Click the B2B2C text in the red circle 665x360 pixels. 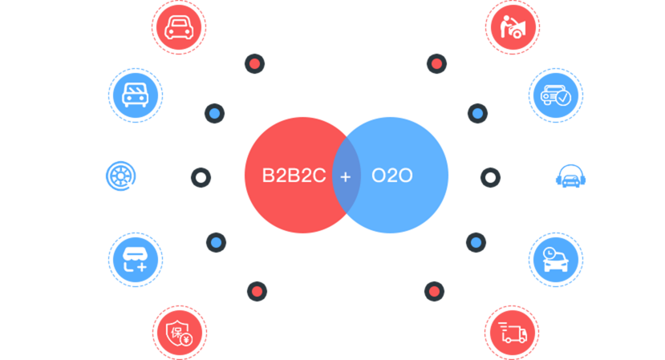coord(294,175)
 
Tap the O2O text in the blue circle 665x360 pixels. coord(392,175)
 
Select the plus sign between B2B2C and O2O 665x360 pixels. coord(346,176)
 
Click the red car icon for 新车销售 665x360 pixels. coord(179,26)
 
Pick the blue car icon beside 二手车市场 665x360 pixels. coord(135,95)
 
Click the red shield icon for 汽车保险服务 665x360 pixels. coord(179,332)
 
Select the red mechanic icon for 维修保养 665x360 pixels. coord(512,27)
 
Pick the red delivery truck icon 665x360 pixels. coord(511,332)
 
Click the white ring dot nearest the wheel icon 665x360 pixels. coord(201,177)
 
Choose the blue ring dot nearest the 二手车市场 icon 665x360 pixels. coord(214,113)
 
